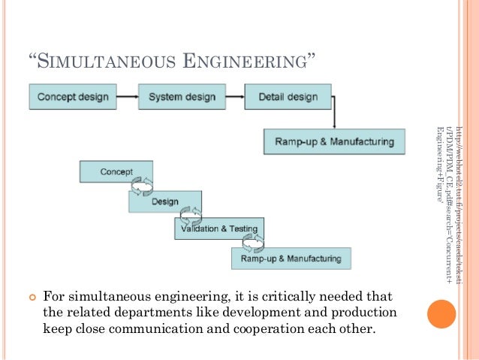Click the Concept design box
tap(73, 97)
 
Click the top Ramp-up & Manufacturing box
tap(334, 141)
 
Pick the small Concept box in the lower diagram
tap(116, 171)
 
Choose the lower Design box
tap(164, 201)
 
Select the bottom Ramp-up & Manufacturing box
tap(291, 259)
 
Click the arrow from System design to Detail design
tap(233, 97)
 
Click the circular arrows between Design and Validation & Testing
tap(191, 214)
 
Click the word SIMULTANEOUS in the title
tap(108, 60)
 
